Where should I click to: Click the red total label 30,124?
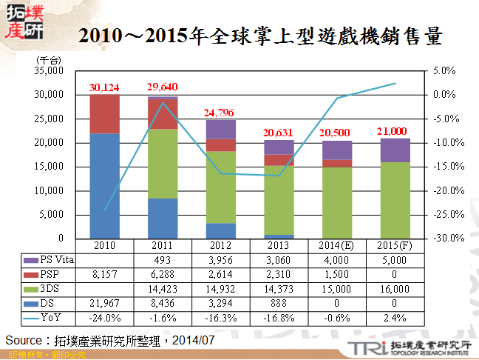click(x=104, y=87)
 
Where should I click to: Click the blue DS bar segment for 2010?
click(x=104, y=185)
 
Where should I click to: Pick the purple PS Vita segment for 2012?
click(x=220, y=129)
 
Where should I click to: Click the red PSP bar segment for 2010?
click(x=104, y=114)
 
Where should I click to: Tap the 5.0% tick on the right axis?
click(x=444, y=71)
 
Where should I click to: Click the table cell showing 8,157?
click(x=104, y=274)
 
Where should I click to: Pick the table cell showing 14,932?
click(x=220, y=289)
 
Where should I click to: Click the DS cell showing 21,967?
click(x=104, y=304)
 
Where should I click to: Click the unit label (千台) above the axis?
click(x=49, y=59)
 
